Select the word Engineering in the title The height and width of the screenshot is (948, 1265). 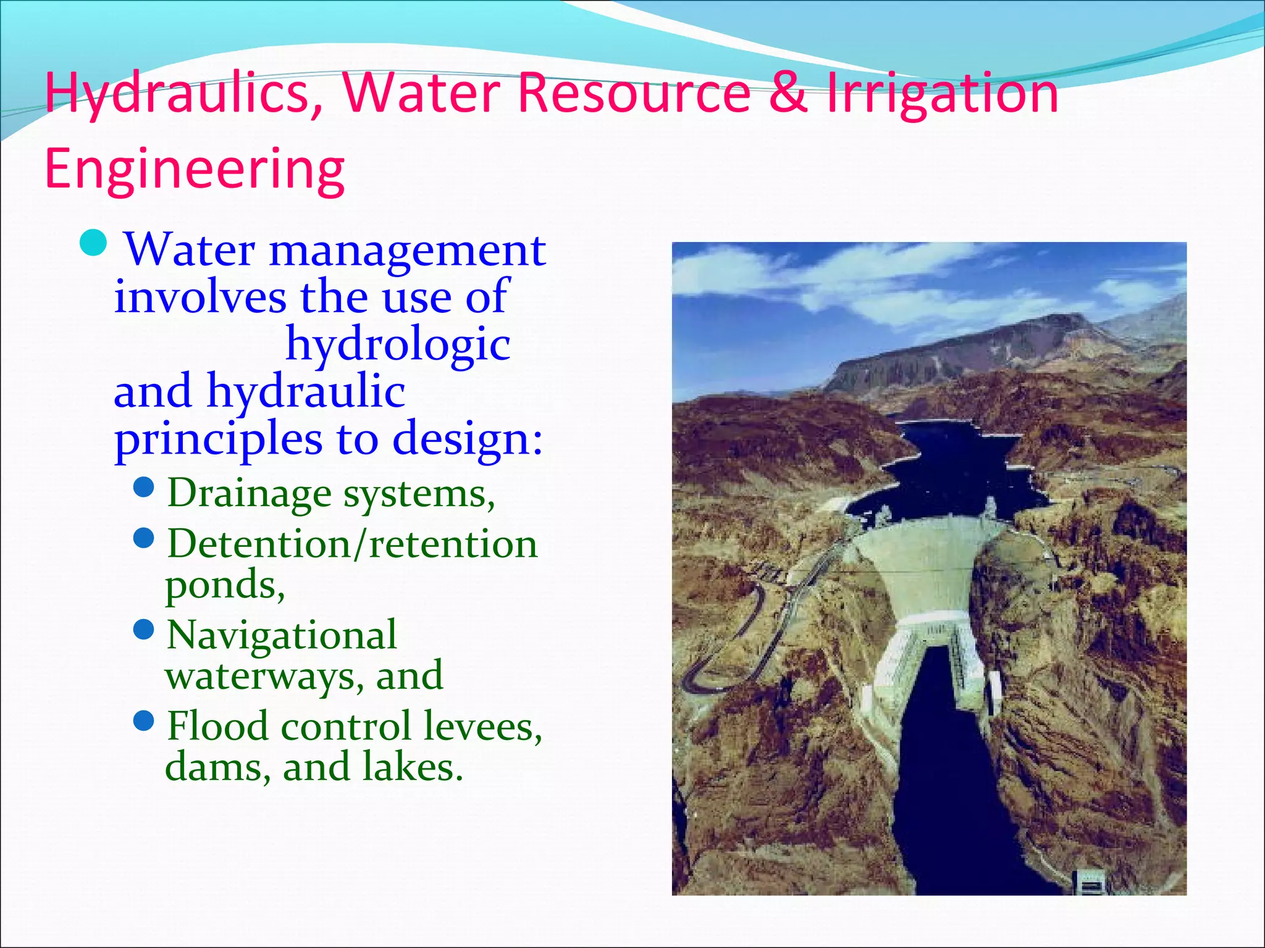point(195,170)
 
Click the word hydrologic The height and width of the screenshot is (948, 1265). point(398,344)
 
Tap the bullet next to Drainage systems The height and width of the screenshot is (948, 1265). point(143,488)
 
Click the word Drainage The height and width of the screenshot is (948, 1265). point(250,494)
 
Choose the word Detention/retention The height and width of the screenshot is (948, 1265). point(352,544)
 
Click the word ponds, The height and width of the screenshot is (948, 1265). point(225,584)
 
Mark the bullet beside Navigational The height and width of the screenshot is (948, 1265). point(143,630)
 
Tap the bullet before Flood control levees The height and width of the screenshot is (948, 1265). point(143,720)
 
